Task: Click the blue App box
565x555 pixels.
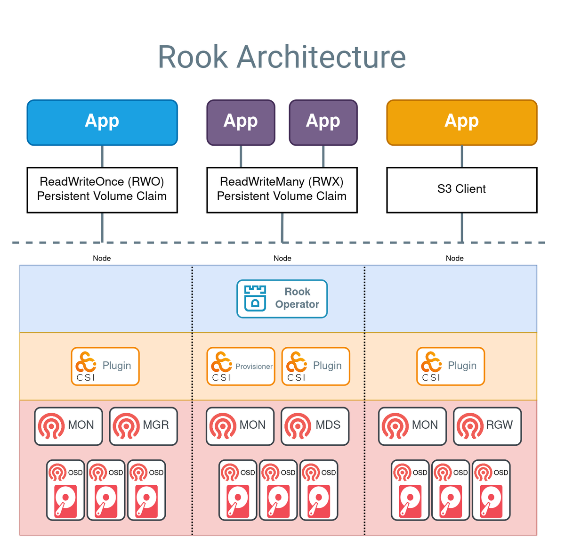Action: click(x=102, y=122)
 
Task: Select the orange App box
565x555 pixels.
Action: click(x=461, y=122)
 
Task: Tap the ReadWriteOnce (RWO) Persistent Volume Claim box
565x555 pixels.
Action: click(x=102, y=189)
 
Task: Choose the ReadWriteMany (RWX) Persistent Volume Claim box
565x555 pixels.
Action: click(x=282, y=189)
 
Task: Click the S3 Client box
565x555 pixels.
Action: click(x=461, y=189)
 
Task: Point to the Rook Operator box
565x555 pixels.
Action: click(x=282, y=299)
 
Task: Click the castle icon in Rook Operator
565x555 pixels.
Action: click(x=255, y=298)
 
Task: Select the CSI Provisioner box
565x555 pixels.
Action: click(x=241, y=366)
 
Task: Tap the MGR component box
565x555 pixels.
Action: click(x=143, y=426)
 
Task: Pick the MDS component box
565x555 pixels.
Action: click(x=315, y=426)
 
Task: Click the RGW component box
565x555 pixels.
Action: click(x=487, y=426)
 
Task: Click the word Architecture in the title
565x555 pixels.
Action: click(x=321, y=57)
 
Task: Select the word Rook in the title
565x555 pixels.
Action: click(x=193, y=57)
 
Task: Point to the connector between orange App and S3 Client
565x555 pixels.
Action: click(x=461, y=156)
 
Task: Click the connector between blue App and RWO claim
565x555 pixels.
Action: click(x=102, y=156)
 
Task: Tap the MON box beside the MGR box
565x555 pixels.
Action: click(x=68, y=426)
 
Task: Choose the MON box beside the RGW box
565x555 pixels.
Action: click(x=412, y=426)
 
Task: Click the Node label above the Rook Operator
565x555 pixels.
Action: click(x=282, y=258)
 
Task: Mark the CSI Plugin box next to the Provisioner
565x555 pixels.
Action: click(x=315, y=366)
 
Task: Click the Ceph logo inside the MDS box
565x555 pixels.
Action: click(x=298, y=426)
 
